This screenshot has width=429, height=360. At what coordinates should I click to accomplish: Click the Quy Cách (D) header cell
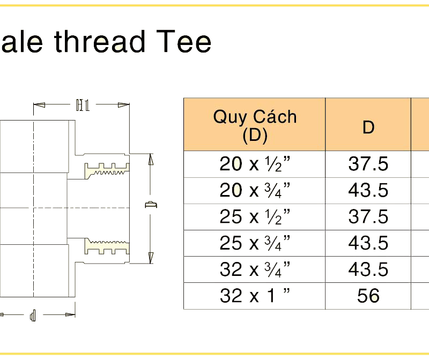(x=255, y=125)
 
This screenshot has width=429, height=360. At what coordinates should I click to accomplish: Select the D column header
(x=368, y=127)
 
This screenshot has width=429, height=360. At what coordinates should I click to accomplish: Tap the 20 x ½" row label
(x=255, y=164)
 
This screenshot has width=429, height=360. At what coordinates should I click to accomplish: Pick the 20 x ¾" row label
(x=255, y=190)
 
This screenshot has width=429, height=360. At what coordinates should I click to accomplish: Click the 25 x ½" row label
(x=255, y=216)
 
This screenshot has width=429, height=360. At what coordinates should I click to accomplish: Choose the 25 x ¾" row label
(x=255, y=243)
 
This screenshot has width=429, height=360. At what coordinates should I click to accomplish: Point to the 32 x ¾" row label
(x=255, y=269)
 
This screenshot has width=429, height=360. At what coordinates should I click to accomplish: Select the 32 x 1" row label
(x=255, y=295)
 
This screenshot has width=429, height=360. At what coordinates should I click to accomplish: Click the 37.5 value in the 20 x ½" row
(x=368, y=164)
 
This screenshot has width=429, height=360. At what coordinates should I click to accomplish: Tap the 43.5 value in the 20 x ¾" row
(x=368, y=190)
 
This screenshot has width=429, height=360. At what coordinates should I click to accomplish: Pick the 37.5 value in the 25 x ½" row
(x=368, y=216)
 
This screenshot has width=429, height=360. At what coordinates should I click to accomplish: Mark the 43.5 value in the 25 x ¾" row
(x=368, y=243)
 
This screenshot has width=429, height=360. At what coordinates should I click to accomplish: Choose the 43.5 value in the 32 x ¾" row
(x=368, y=269)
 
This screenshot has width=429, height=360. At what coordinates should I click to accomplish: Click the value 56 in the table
(x=368, y=295)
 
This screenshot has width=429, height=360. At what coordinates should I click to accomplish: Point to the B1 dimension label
(x=82, y=104)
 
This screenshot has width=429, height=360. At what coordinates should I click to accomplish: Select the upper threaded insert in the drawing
(x=106, y=169)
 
